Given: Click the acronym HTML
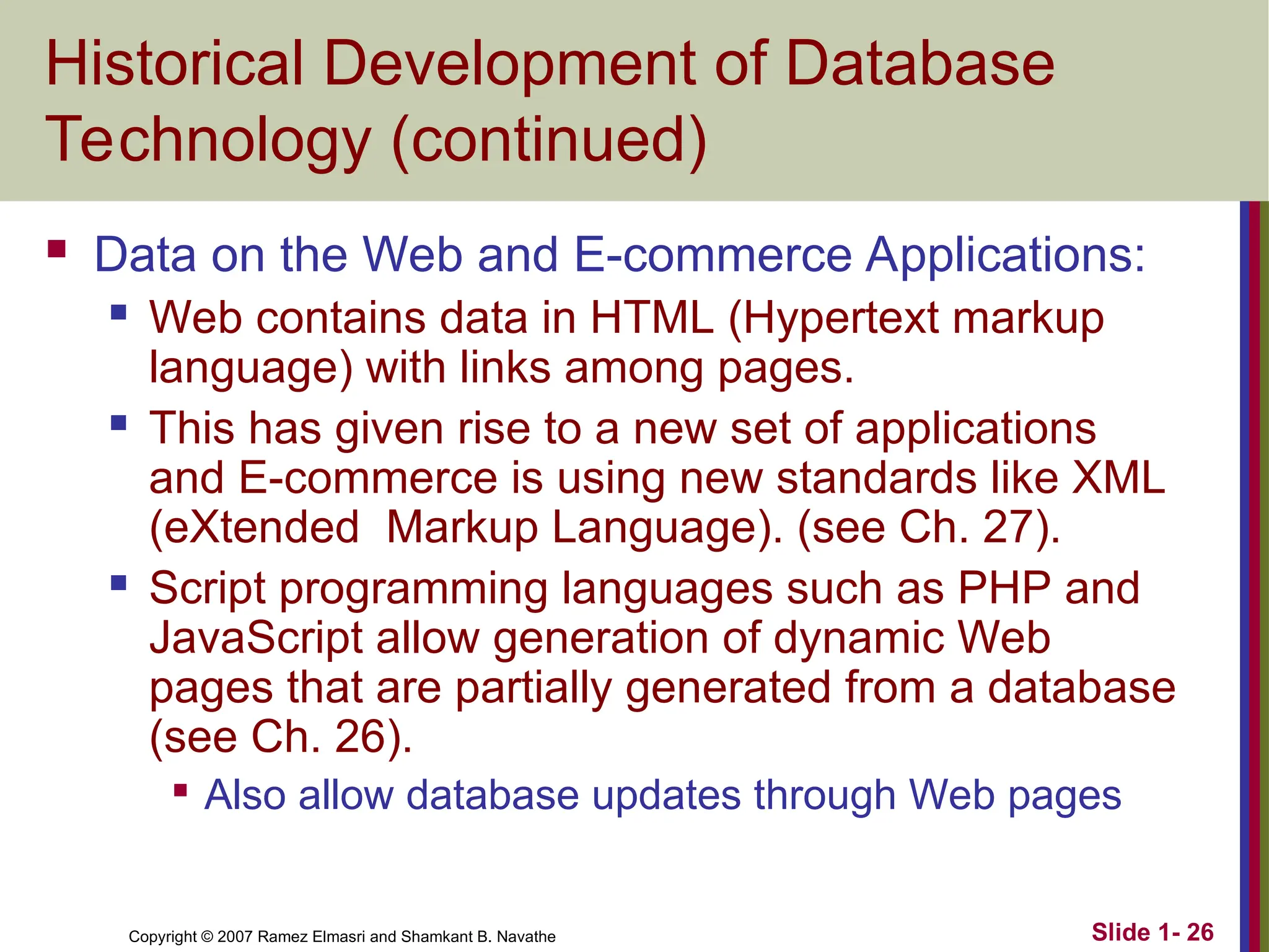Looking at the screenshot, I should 651,318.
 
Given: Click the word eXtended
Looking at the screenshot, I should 255,527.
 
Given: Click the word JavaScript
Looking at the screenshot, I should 256,638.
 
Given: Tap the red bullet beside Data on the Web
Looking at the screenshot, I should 57,249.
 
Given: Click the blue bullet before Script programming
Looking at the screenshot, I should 118,583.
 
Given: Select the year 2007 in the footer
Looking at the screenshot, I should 235,937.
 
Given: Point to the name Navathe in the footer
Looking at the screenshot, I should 526,937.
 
